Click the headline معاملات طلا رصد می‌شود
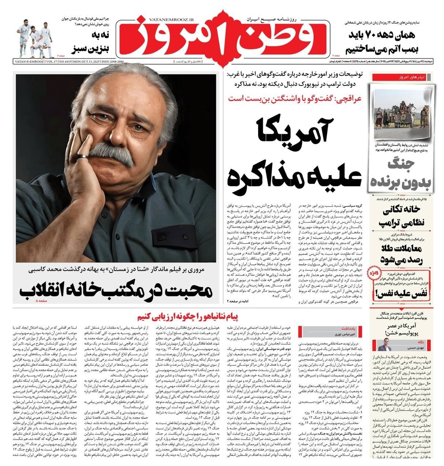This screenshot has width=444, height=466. (x=403, y=255)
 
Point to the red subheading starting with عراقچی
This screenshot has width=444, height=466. (x=295, y=98)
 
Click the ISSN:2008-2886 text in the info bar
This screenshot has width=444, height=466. (x=113, y=63)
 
